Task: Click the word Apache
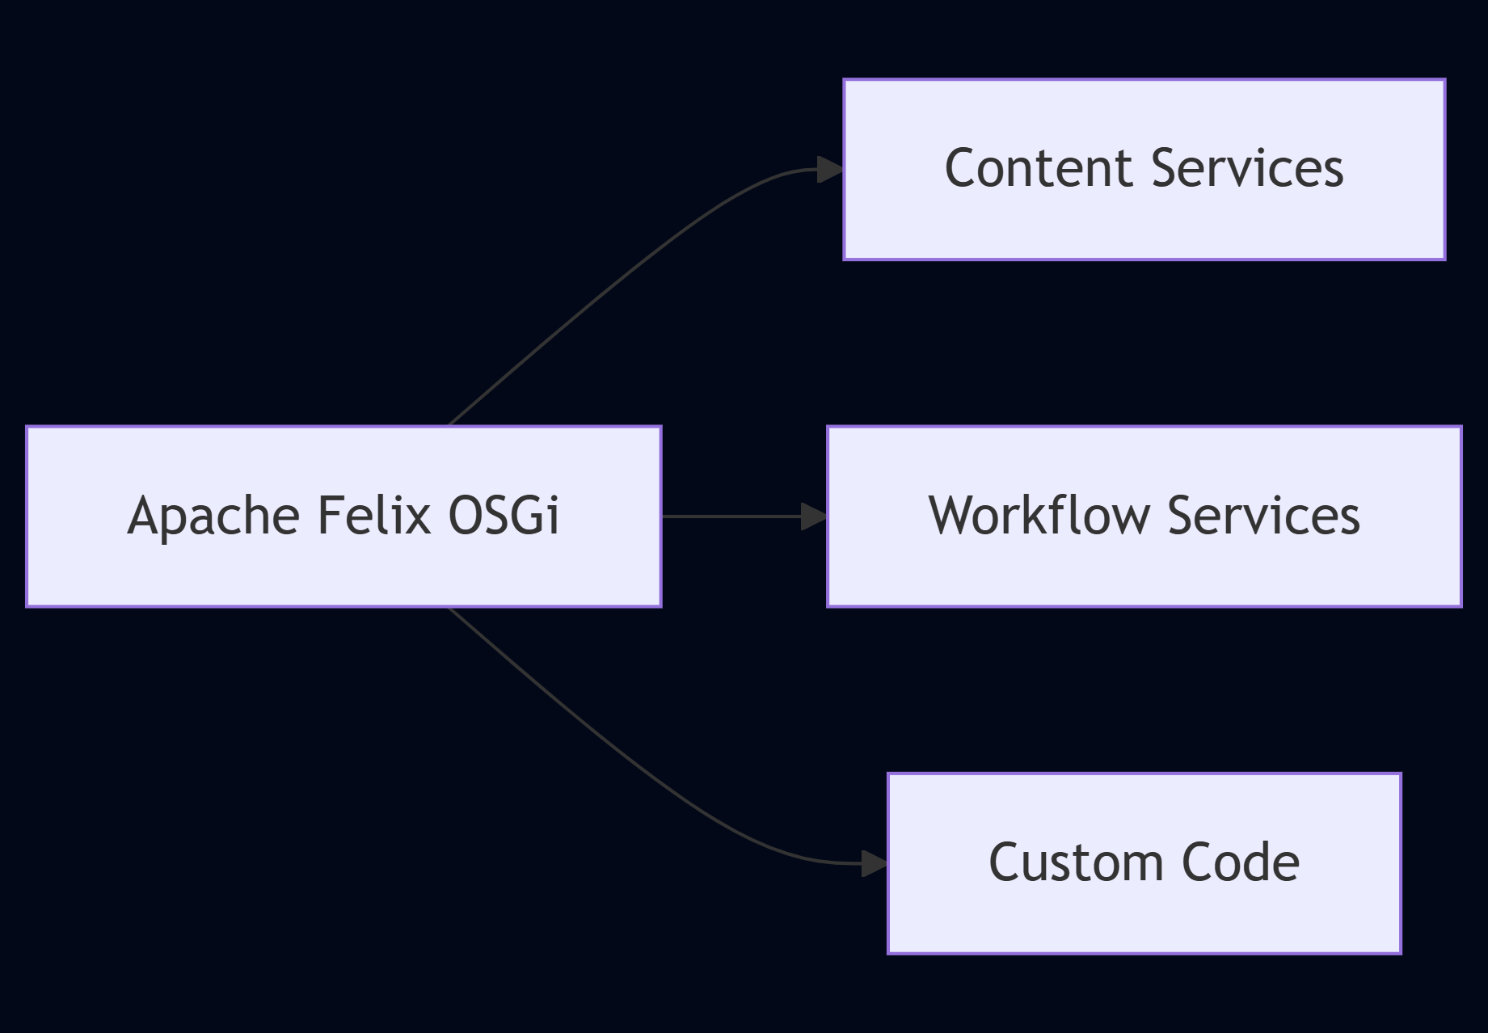[214, 516]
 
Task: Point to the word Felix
[374, 516]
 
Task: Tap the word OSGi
[503, 516]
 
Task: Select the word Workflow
[1039, 516]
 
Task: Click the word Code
[1241, 862]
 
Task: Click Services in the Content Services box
[1247, 168]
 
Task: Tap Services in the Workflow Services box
[1263, 516]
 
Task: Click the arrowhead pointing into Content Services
[829, 170]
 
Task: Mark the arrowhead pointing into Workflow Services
[813, 516]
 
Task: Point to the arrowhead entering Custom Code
[874, 863]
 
